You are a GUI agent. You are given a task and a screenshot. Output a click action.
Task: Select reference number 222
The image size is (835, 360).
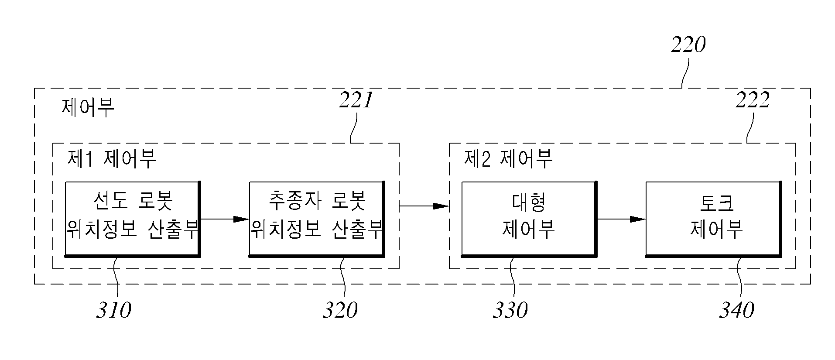(753, 101)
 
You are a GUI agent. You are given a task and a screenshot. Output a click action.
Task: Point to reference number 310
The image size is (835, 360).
(114, 310)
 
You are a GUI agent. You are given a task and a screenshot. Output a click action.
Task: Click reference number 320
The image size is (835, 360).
(340, 310)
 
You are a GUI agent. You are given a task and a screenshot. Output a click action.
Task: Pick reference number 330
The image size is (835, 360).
(510, 310)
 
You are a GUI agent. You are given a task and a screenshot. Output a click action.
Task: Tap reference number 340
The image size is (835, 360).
(736, 310)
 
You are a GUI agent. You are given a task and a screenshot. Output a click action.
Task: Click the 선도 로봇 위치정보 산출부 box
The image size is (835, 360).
(133, 219)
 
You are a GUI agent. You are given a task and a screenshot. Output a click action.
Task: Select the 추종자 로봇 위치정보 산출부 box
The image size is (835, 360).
(317, 219)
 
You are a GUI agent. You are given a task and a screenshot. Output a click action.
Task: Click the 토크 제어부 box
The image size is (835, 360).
(713, 219)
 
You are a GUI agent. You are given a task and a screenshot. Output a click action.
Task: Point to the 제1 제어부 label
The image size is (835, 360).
(112, 159)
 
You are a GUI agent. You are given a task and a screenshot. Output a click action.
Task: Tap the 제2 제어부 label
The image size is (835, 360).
(508, 159)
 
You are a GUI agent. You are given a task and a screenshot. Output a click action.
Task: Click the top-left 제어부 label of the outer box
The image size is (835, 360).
(88, 107)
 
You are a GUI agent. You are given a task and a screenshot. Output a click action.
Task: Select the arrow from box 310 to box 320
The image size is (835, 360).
(225, 219)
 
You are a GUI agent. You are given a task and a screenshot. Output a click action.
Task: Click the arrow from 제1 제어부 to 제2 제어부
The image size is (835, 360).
(424, 206)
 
